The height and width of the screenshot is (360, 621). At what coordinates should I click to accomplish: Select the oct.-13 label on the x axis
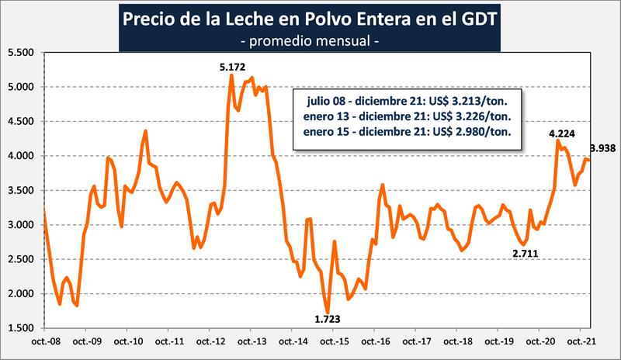pyautogui.click(x=251, y=341)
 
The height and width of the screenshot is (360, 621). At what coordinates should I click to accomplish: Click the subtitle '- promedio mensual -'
pyautogui.click(x=310, y=37)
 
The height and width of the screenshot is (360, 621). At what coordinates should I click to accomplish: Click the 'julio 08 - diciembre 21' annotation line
pyautogui.click(x=360, y=101)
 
